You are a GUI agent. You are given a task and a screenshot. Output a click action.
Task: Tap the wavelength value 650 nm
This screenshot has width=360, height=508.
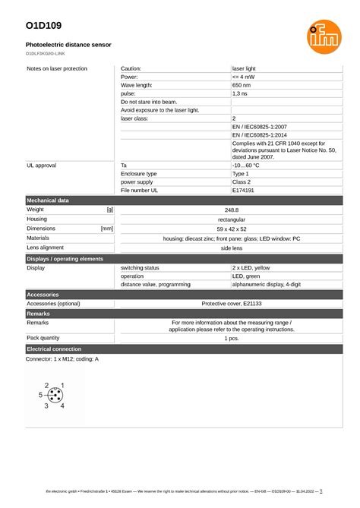pos(242,85)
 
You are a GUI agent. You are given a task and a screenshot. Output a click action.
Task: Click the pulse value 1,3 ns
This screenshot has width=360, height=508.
pos(240,93)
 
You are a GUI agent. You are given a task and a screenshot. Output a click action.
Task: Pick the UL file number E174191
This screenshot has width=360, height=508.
pos(245,191)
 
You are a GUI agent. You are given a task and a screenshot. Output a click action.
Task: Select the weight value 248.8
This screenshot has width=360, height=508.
pos(232,209)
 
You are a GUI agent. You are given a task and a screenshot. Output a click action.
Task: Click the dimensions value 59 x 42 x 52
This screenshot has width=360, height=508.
pos(232,228)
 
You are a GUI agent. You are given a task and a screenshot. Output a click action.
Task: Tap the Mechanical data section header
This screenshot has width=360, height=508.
pos(48,200)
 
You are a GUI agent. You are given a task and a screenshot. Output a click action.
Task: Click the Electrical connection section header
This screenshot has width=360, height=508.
pos(54,348)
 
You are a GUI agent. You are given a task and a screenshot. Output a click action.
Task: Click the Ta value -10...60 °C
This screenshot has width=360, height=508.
pos(246,165)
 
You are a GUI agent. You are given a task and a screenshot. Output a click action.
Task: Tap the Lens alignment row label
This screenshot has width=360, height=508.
pos(46,248)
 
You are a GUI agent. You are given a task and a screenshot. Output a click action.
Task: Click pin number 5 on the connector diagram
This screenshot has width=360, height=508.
pos(40,396)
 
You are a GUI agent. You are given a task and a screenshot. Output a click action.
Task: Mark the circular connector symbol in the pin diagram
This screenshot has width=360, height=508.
pos(55,396)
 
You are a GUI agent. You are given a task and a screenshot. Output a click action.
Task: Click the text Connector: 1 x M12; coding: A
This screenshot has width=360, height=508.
pos(62,358)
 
